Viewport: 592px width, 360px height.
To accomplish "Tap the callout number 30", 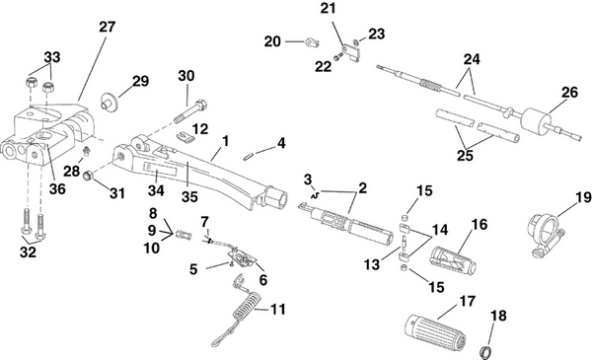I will [185, 76].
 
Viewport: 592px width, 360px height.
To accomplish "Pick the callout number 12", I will [199, 128].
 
